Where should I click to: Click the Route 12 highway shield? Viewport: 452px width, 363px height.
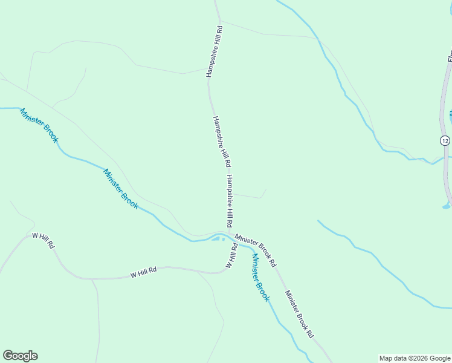(445, 140)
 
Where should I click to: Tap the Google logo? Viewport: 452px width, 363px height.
(21, 356)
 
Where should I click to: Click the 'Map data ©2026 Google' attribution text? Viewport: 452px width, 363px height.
(414, 358)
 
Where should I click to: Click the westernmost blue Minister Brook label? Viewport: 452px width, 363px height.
(39, 125)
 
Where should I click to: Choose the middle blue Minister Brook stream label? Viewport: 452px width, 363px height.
(121, 189)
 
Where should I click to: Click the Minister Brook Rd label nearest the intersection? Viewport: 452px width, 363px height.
(256, 250)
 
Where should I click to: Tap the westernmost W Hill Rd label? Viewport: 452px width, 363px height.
(44, 241)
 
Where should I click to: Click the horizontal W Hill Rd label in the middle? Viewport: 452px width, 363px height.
(143, 273)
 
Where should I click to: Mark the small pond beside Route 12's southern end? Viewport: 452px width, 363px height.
(446, 206)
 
